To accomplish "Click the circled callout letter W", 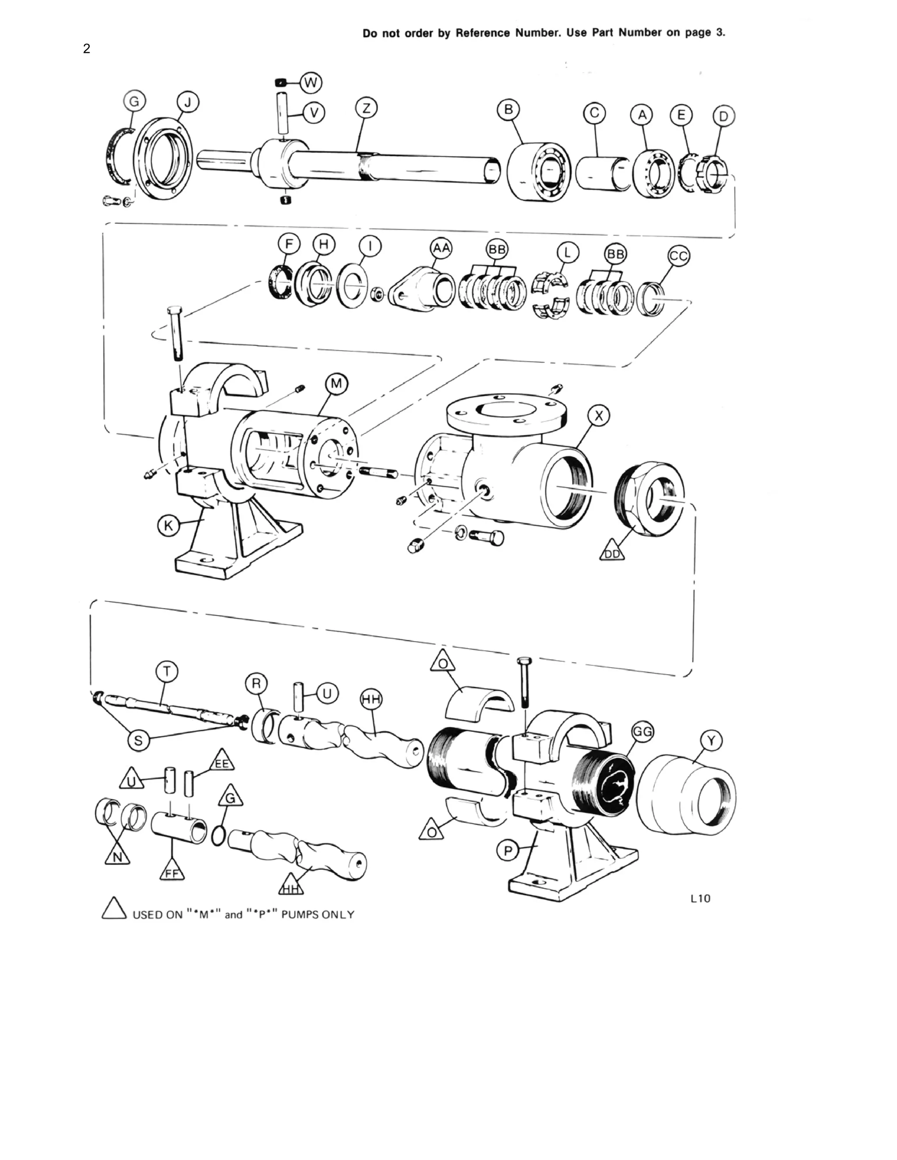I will tap(311, 83).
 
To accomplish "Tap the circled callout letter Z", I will tap(367, 109).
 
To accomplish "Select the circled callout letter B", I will tap(508, 109).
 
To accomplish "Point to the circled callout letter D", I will tap(723, 116).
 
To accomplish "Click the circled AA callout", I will tap(441, 248).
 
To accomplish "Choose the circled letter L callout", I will tap(568, 253).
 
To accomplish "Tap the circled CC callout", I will tap(678, 257).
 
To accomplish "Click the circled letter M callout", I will tap(337, 383).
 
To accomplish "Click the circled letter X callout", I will tap(599, 416).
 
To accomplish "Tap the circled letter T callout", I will tap(167, 672).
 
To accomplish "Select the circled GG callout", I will tap(643, 732).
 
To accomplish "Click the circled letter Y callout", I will tap(712, 740).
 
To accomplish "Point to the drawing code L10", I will tap(700, 899).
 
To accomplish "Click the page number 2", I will tap(87, 49).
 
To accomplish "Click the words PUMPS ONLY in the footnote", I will tap(318, 914).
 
